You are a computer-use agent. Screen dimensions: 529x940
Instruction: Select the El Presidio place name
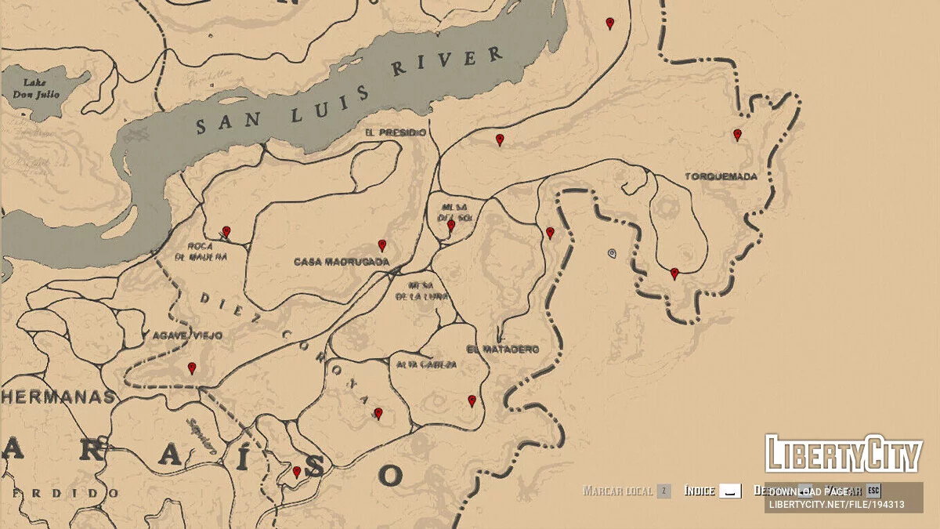point(396,132)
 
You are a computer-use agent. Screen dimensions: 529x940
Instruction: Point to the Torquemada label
point(721,176)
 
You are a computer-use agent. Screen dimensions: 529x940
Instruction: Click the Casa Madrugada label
point(342,262)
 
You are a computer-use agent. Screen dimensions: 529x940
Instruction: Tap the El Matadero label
point(502,350)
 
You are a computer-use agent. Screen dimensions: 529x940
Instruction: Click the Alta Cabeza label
point(427,364)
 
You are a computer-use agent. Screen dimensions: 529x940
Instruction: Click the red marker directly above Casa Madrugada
point(382,245)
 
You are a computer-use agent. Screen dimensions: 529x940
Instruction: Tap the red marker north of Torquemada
point(737,135)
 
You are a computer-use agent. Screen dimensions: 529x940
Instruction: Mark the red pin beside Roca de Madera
point(226,231)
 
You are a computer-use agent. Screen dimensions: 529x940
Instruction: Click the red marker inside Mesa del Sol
point(451,226)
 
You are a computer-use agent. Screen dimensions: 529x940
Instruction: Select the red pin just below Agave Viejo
point(192,368)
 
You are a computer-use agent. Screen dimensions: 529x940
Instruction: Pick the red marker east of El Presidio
point(500,139)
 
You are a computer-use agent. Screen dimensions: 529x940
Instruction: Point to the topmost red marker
point(610,24)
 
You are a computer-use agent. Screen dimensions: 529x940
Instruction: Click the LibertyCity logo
point(843,455)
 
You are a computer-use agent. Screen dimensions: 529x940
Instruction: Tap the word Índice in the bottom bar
point(700,491)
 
